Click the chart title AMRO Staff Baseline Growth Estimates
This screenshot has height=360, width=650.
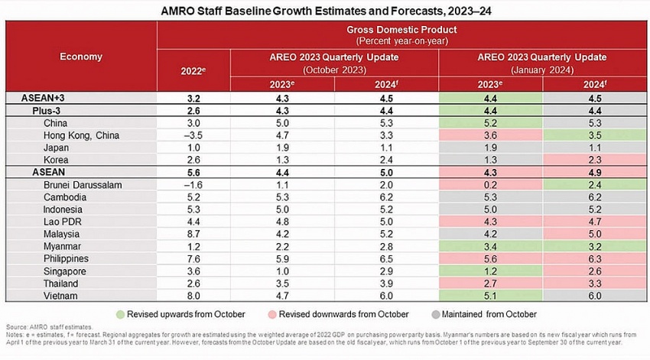(324, 11)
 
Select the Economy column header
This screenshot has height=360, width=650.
(80, 57)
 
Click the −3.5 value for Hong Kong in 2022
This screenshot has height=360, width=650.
(193, 135)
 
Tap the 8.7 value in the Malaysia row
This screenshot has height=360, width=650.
(193, 233)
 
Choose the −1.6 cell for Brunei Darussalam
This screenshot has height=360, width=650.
(193, 184)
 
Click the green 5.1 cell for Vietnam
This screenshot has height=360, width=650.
(491, 294)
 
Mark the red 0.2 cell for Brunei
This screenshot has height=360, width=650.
(491, 184)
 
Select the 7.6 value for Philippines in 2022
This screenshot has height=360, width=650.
(193, 258)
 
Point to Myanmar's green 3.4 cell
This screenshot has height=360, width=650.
(491, 245)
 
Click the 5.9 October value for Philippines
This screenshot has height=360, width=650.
(282, 258)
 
